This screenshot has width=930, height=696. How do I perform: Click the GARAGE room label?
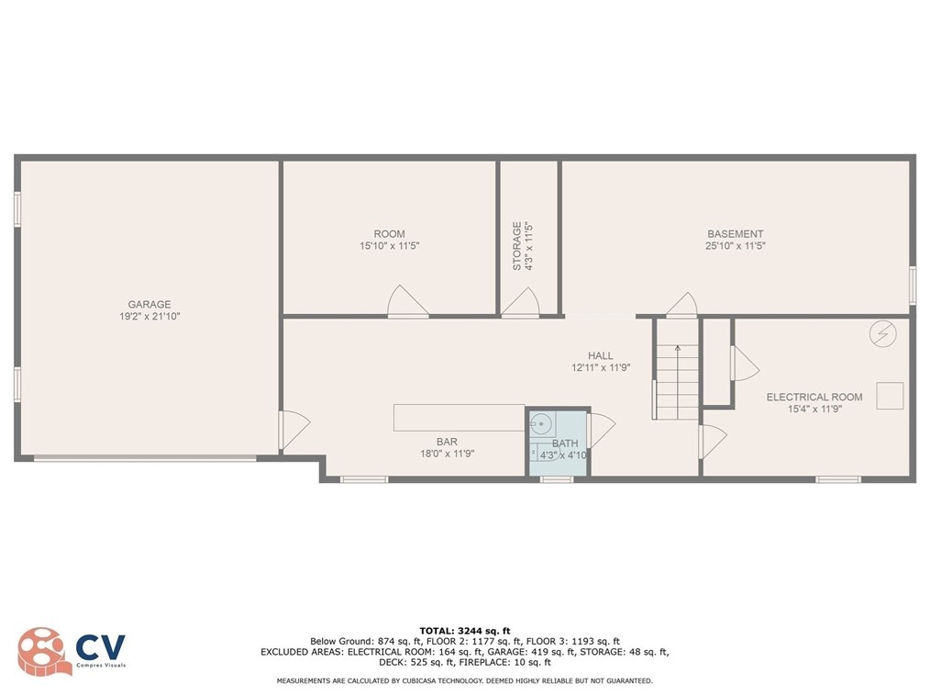coord(149,305)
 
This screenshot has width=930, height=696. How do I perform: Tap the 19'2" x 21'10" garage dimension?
coord(149,317)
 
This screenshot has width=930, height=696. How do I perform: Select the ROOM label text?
coord(389,234)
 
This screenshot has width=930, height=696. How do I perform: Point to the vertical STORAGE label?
coord(517,245)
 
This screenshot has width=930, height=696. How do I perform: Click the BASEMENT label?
coord(735,234)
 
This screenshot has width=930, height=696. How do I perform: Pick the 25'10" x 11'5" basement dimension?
coord(735,246)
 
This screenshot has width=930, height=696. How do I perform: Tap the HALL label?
coord(601,356)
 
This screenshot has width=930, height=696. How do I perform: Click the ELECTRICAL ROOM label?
coord(814,398)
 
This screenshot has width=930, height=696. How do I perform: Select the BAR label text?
coord(448,442)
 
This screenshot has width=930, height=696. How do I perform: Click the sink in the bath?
coord(541,424)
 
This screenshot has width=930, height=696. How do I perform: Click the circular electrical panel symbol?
coord(881,333)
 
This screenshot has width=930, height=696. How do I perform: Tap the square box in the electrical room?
coord(890,395)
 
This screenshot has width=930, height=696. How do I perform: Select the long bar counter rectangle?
coord(459,418)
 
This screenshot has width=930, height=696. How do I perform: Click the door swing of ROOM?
coord(407,303)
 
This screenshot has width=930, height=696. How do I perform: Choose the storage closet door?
coord(520,304)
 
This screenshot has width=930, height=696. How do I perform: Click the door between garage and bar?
coord(293,430)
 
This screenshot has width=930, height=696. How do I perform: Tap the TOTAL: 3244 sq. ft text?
coord(464,631)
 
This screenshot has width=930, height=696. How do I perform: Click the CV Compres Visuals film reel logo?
coord(44,653)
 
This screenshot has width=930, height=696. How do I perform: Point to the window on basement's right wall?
coord(912,285)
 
